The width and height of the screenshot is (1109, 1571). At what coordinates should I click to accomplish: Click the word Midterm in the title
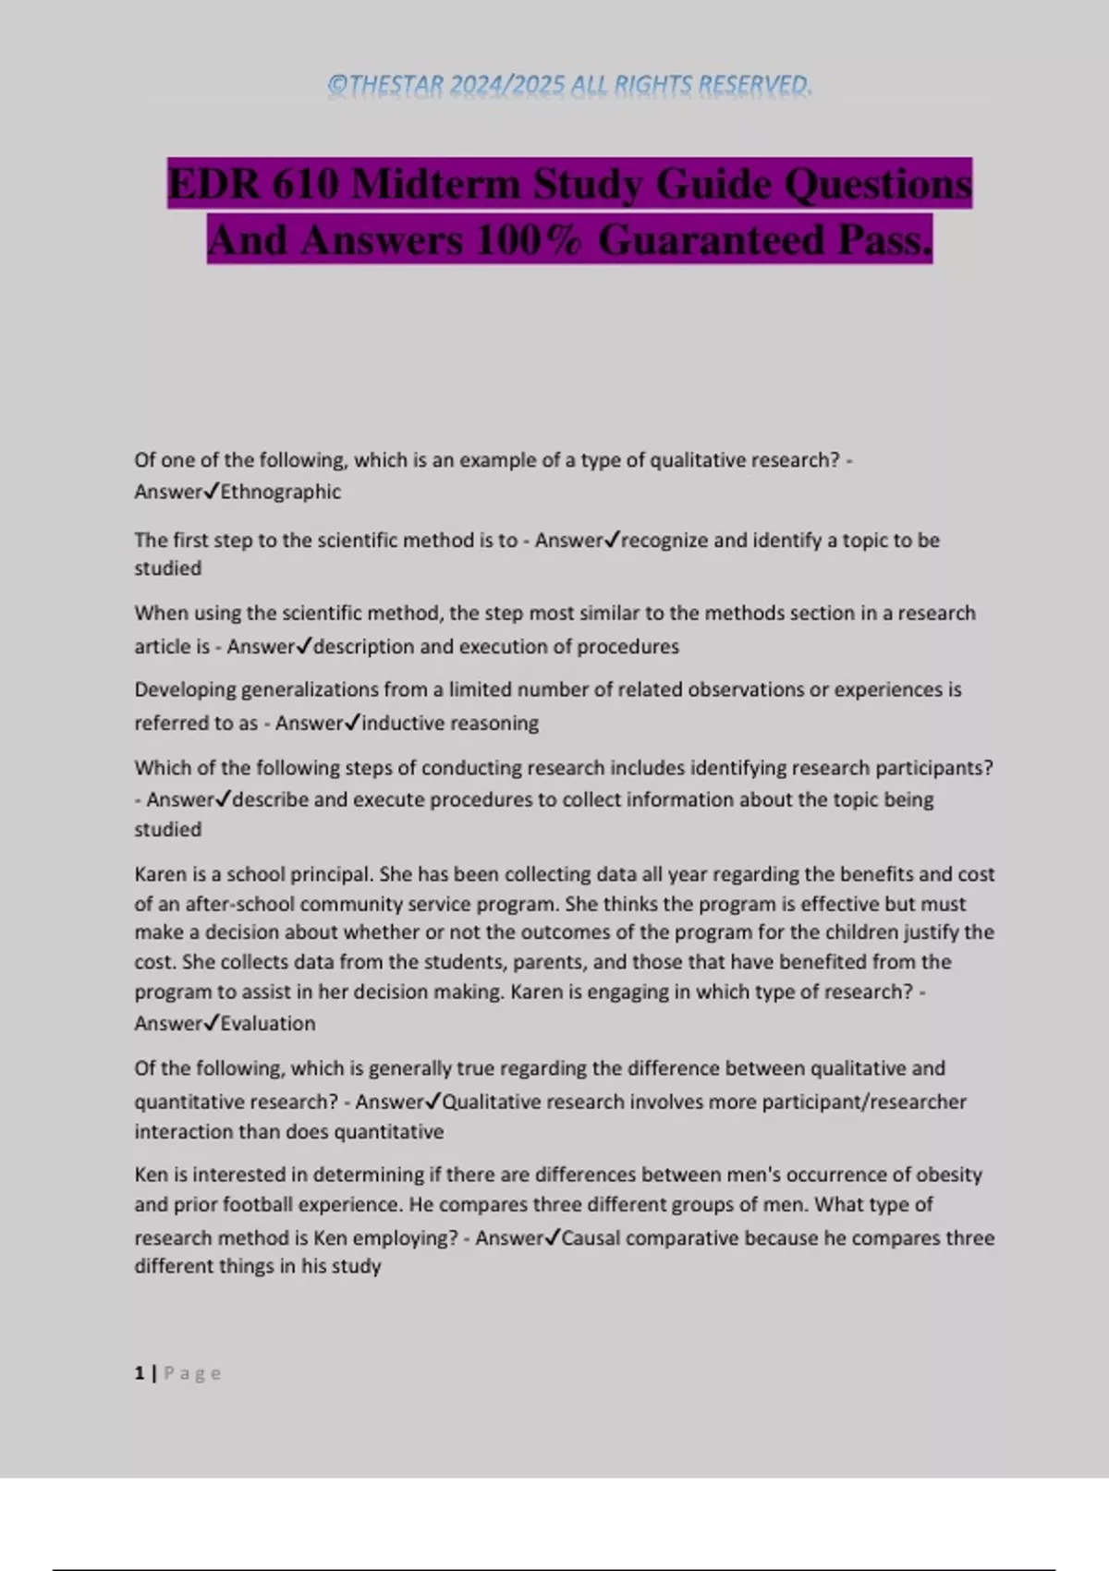pos(434,184)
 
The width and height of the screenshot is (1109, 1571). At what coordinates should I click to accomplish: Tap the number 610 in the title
pos(306,184)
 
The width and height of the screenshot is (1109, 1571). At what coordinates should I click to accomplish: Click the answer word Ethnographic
pos(280,492)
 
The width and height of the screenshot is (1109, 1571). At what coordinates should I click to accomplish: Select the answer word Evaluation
pos(268,1023)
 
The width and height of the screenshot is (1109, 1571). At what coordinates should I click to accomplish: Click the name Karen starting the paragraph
pos(160,873)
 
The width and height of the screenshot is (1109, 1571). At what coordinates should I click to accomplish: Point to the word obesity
pos(948,1175)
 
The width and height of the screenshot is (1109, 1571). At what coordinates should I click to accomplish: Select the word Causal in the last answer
pos(591,1237)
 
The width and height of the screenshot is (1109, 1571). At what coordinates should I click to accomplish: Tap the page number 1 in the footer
pos(140,1373)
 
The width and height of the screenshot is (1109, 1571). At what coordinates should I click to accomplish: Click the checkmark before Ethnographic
pos(211,492)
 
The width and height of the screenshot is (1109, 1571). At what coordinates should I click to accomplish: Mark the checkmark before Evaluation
pos(211,1022)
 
